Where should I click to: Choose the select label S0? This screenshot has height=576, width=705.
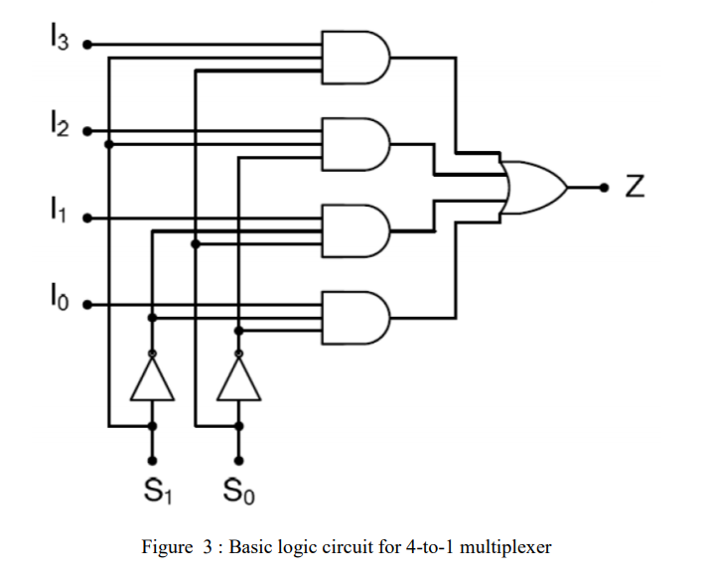coord(238,490)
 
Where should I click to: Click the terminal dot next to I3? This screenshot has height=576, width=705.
coord(87,45)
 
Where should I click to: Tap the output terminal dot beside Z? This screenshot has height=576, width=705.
coord(604,187)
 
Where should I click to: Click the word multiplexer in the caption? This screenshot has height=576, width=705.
coord(505,546)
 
